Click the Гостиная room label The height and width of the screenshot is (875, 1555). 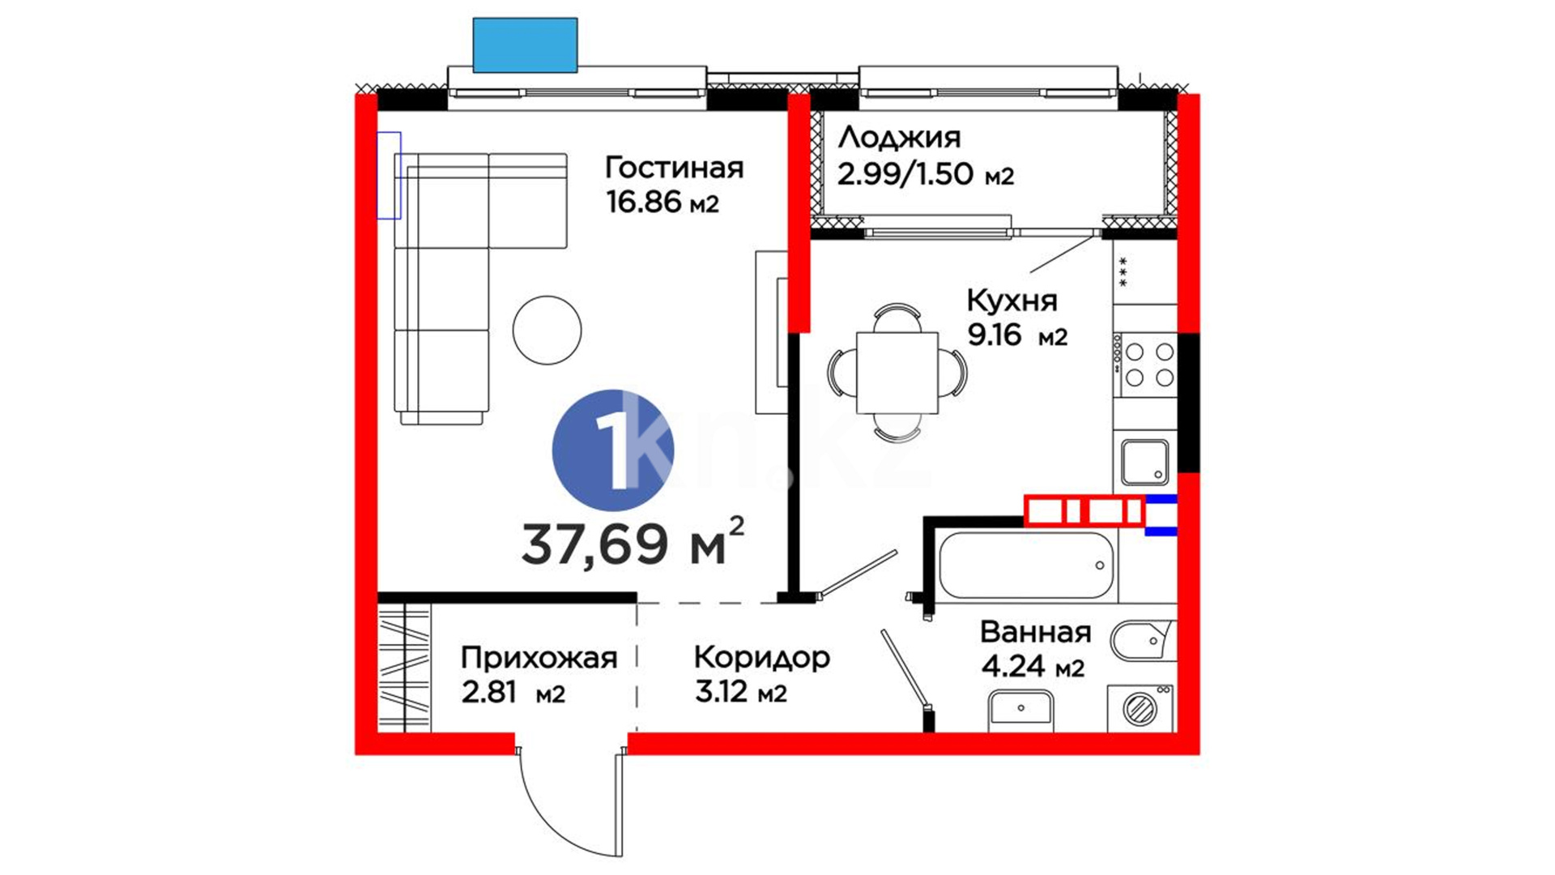674,168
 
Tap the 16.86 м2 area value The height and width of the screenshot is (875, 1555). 662,203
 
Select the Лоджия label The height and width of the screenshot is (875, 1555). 899,139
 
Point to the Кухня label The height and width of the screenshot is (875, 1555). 1012,301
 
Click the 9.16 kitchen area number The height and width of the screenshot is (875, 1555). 995,334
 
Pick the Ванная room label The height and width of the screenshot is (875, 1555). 1035,632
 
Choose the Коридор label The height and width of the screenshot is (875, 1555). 762,657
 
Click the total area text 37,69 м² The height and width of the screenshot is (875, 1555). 633,542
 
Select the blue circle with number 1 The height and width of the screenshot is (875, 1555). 612,450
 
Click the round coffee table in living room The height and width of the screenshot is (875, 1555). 547,330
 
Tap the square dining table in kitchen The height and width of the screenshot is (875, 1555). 897,373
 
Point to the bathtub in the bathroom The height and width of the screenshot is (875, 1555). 1026,566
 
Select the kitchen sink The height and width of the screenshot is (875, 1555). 1144,462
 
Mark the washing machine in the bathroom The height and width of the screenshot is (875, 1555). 1140,708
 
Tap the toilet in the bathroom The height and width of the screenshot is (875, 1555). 1142,641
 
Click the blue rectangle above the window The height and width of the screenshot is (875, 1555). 525,45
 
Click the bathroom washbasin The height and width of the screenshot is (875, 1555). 1020,711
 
